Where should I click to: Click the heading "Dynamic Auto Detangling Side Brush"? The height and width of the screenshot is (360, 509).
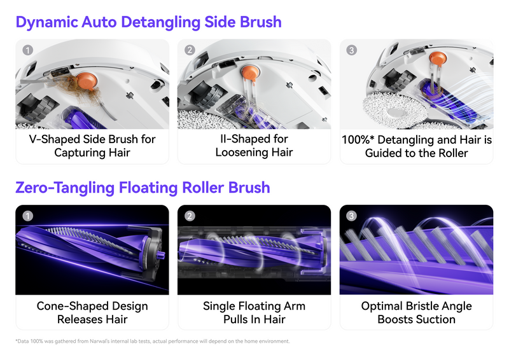(148, 22)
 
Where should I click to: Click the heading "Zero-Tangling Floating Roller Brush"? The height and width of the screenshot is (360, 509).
(143, 188)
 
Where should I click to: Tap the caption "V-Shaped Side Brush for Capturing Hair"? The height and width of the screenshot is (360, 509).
(92, 146)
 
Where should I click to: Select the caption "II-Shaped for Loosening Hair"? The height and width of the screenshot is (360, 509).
(254, 146)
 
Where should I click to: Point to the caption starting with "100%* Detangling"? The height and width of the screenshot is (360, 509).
(416, 146)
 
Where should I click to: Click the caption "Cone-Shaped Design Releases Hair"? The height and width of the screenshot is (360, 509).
(92, 312)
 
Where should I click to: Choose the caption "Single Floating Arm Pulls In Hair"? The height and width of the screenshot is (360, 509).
(254, 312)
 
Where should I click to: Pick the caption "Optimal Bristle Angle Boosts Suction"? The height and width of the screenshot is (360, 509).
(416, 312)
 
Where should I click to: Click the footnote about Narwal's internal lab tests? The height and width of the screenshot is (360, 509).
(153, 342)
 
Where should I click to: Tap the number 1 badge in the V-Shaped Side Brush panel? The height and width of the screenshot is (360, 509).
(27, 50)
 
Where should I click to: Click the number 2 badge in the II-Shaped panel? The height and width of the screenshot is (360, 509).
(190, 50)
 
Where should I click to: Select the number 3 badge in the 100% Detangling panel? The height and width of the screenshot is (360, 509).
(351, 50)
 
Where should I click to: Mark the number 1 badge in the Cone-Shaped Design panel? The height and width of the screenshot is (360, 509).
(27, 216)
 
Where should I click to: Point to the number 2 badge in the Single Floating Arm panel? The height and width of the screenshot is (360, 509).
(190, 216)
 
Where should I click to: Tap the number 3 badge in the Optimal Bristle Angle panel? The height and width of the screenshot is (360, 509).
(351, 216)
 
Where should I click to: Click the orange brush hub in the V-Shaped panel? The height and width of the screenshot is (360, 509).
(87, 81)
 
